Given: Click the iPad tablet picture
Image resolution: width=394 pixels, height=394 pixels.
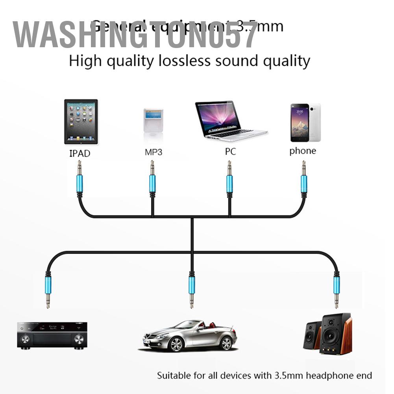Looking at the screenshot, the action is click(81, 121).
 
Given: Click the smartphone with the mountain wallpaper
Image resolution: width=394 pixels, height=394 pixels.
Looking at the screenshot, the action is click(300, 122).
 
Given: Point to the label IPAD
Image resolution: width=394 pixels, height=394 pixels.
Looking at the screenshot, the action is click(80, 153).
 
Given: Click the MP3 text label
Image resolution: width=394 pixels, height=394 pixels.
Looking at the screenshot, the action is click(153, 152).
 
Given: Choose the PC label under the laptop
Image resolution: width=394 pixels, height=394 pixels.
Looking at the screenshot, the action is click(230, 152).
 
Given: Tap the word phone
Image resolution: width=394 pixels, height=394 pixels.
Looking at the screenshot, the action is click(303, 151).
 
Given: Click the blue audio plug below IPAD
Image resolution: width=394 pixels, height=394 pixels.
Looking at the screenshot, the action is click(80, 183).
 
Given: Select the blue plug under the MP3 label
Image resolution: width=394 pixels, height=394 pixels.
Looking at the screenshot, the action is click(152, 183).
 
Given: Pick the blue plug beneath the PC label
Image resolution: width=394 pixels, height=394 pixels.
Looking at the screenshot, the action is click(229, 183).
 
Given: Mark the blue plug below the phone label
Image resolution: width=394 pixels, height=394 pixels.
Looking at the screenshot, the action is click(303, 183).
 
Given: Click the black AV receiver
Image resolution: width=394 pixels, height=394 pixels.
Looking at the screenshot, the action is click(52, 335).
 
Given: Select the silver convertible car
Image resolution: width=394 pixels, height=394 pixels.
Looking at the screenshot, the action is click(189, 335).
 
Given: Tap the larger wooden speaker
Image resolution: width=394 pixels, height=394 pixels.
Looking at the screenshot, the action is click(335, 334).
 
